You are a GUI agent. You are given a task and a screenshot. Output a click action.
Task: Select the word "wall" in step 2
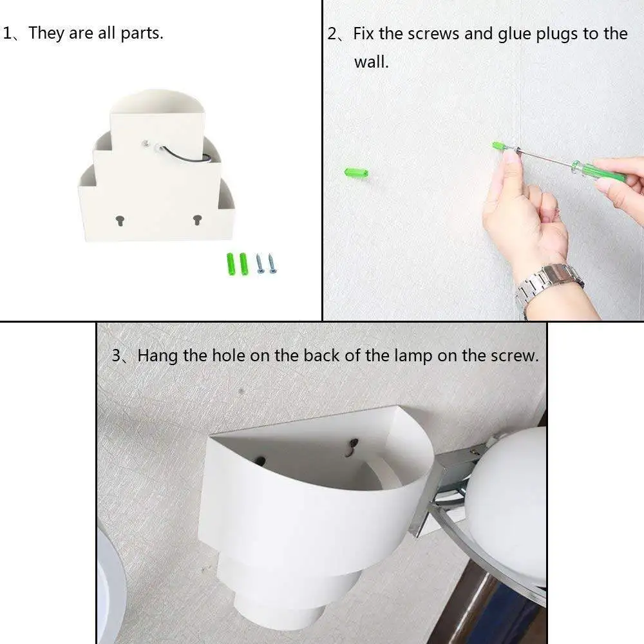[370, 62]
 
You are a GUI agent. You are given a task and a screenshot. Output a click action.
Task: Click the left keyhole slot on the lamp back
[120, 220]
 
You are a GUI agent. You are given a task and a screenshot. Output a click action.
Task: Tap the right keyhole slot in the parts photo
[197, 220]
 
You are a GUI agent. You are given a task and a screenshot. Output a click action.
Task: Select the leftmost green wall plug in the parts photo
[231, 264]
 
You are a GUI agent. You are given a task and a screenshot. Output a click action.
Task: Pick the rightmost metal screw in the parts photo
[272, 263]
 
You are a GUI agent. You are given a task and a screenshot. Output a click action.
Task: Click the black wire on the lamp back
[185, 155]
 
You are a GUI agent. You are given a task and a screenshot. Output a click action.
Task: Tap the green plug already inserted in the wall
[356, 173]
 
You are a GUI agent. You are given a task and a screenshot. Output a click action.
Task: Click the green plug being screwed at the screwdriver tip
[500, 146]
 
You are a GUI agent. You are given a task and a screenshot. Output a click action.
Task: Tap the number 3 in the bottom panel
[117, 355]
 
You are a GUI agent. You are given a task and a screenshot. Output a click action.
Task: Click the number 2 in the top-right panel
[332, 34]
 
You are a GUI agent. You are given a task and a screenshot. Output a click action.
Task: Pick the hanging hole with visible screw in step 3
[352, 448]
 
